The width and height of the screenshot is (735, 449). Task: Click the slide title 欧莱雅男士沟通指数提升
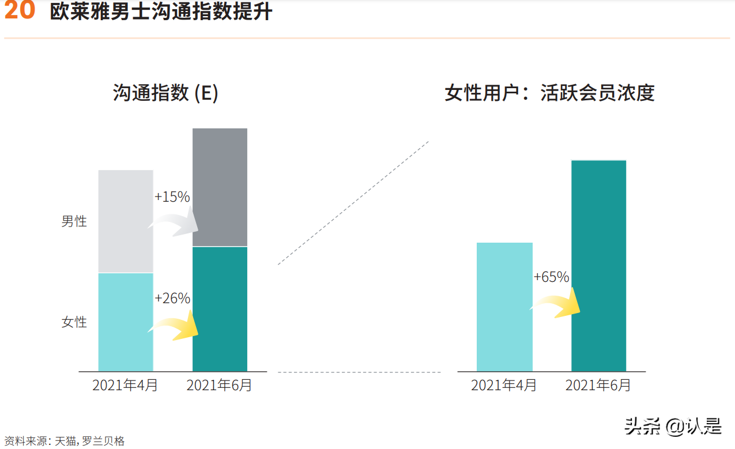click(161, 12)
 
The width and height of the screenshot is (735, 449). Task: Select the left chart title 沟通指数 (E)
click(165, 93)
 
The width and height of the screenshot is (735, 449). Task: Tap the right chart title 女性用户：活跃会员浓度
click(549, 93)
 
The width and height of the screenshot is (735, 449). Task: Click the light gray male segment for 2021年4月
click(126, 221)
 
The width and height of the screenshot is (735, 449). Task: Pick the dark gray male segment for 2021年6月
click(220, 187)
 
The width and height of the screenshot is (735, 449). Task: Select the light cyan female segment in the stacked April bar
click(126, 322)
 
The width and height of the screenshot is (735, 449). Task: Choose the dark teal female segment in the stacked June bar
click(220, 309)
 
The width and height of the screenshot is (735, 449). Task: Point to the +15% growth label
click(172, 197)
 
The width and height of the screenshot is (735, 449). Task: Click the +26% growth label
click(172, 298)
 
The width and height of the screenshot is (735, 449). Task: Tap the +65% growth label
click(551, 277)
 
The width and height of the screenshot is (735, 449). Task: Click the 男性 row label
click(74, 221)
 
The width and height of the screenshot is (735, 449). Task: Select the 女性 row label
click(74, 322)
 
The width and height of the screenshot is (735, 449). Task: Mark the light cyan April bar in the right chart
click(504, 307)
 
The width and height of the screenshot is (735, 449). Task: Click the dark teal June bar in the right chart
click(598, 266)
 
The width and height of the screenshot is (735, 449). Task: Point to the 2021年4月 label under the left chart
click(125, 385)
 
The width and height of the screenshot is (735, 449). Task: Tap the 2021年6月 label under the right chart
click(598, 385)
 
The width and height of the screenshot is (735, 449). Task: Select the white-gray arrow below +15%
click(174, 224)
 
